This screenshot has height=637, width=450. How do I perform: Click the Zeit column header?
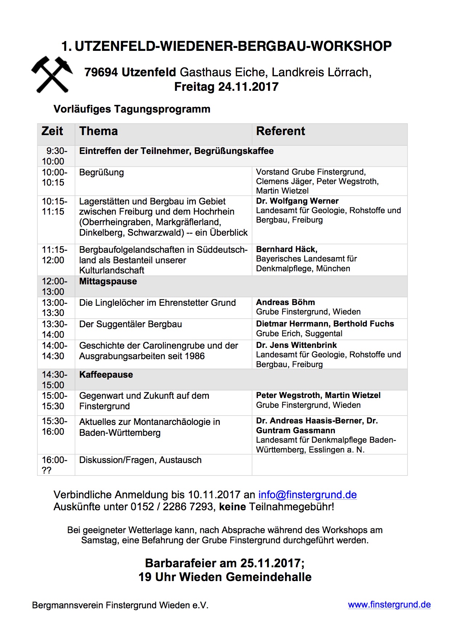click(52, 131)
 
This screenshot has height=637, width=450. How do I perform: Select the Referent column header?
click(280, 131)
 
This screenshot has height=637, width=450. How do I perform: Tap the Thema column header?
click(98, 131)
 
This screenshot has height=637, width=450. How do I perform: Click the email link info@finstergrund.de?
click(307, 495)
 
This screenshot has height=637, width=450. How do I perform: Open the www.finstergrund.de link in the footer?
click(389, 605)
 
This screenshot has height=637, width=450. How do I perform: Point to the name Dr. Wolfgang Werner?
click(297, 201)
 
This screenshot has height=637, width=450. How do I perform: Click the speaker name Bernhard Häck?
click(287, 249)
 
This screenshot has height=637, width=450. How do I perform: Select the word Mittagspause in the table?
click(108, 281)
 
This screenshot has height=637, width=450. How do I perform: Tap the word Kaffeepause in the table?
click(106, 375)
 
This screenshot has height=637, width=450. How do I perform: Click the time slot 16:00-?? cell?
click(54, 465)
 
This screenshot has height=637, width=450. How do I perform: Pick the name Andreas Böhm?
click(285, 303)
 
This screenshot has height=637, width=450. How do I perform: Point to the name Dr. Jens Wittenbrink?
click(296, 345)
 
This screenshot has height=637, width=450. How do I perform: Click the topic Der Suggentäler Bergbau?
click(130, 324)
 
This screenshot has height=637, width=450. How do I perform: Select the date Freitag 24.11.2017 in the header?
click(226, 87)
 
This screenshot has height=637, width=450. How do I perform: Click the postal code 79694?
click(101, 72)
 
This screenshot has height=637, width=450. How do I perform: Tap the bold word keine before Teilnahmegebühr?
click(232, 507)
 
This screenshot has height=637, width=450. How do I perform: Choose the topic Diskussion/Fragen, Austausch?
click(140, 460)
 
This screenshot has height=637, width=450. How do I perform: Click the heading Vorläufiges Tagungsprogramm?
click(132, 109)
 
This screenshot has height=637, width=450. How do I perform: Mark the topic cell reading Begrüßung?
click(101, 173)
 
